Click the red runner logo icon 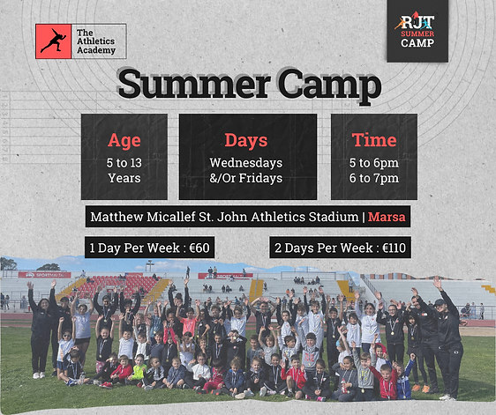[54, 41]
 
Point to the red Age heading [124, 139]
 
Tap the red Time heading [374, 139]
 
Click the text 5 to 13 [124, 162]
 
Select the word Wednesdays [246, 162]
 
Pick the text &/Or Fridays [246, 178]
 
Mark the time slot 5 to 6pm [374, 162]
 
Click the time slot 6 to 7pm [374, 178]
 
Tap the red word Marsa [387, 217]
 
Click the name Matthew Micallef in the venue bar [146, 217]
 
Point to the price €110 [388, 248]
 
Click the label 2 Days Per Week [321, 248]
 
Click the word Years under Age [124, 178]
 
